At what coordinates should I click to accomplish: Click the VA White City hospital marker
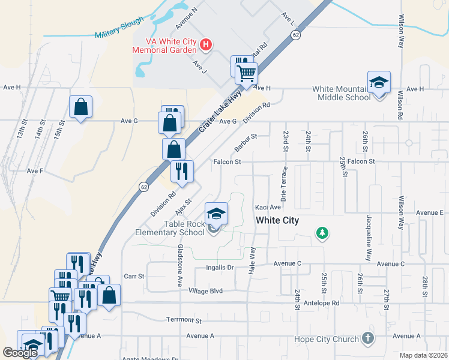pyautogui.click(x=206, y=44)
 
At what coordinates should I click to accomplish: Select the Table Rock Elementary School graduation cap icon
pyautogui.click(x=216, y=213)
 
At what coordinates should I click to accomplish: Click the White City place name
pyautogui.click(x=277, y=220)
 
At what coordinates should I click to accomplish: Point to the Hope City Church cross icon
pyautogui.click(x=368, y=339)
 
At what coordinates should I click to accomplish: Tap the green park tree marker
pyautogui.click(x=322, y=232)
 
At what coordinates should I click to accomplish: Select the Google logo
pyautogui.click(x=20, y=353)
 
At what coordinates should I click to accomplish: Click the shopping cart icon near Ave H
pyautogui.click(x=246, y=74)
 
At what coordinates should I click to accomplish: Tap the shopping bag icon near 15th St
pyautogui.click(x=80, y=107)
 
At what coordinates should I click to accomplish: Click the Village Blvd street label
pyautogui.click(x=205, y=291)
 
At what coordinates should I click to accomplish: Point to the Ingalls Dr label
pyautogui.click(x=223, y=268)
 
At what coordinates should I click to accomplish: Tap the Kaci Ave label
pyautogui.click(x=268, y=207)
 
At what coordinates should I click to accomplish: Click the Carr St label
pyautogui.click(x=134, y=277)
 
